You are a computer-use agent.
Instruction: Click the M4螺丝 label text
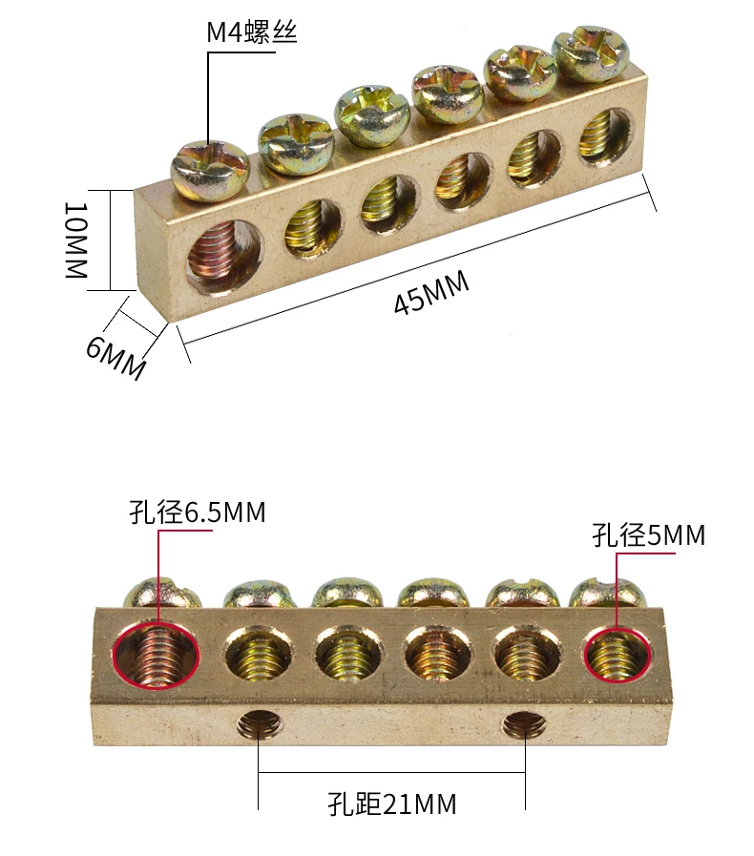tap(252, 33)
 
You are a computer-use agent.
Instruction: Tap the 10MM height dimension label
tap(76, 240)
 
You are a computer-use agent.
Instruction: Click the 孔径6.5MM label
tap(198, 512)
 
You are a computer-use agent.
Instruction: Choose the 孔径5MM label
tap(648, 535)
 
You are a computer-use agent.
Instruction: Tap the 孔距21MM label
tap(391, 804)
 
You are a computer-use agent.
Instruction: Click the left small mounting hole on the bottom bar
tap(260, 726)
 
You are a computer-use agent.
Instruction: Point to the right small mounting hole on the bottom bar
tap(524, 727)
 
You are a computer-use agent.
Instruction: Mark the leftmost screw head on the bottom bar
tap(164, 593)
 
